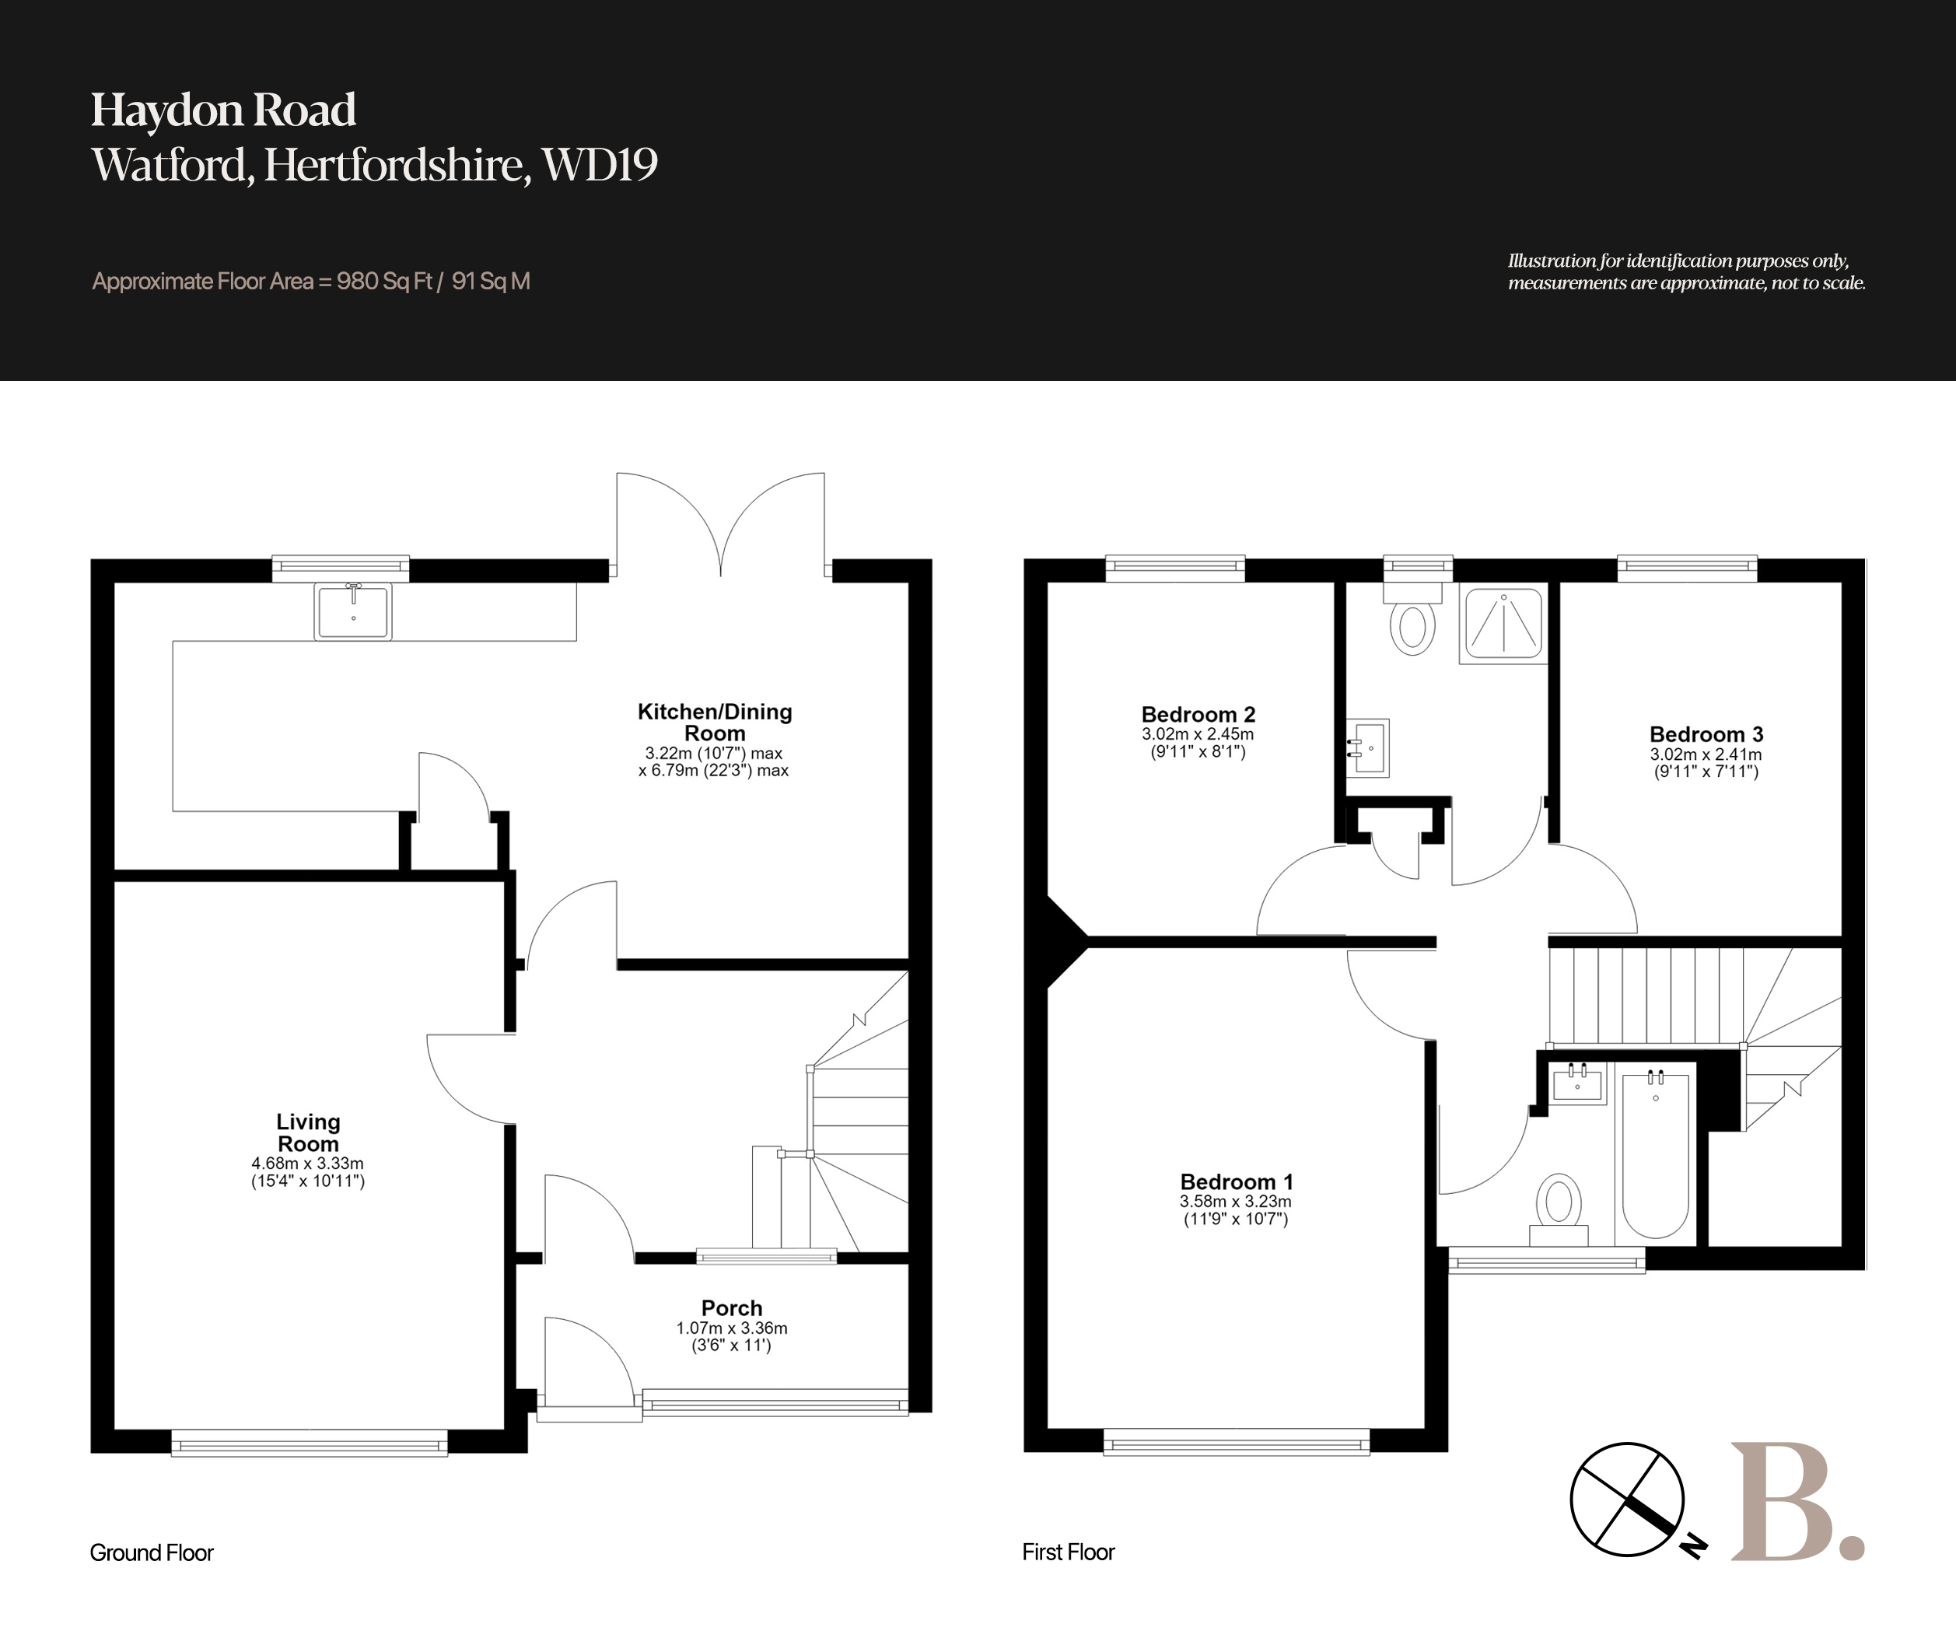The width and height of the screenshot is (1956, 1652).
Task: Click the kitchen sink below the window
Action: point(353,611)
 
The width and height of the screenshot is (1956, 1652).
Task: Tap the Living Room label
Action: point(308,1132)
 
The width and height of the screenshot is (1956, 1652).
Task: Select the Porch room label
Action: point(732,1307)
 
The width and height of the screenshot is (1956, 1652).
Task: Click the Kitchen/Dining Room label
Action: point(715,722)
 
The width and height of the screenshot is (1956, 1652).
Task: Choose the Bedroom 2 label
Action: point(1198,715)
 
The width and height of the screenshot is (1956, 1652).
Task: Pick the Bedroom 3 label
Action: point(1706,734)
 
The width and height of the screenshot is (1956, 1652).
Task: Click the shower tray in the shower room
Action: point(1503,625)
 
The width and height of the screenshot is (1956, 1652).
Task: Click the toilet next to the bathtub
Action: point(1559,1209)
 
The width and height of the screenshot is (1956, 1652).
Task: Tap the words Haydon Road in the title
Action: point(223,110)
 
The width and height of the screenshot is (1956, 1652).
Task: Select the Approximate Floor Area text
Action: point(311,281)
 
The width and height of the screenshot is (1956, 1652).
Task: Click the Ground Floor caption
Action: point(152,1552)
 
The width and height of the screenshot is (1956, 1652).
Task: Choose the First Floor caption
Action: point(1069,1552)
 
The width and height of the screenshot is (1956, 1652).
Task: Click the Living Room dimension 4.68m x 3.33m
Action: point(307,1163)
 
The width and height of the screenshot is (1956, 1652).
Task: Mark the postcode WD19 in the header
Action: point(600,165)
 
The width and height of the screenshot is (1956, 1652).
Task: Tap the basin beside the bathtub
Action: point(1578,1083)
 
